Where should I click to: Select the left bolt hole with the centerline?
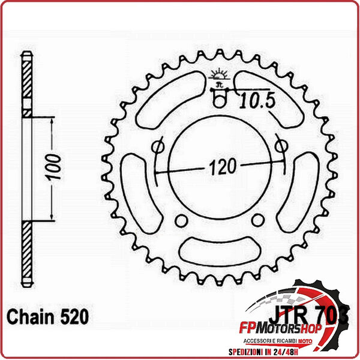158,146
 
